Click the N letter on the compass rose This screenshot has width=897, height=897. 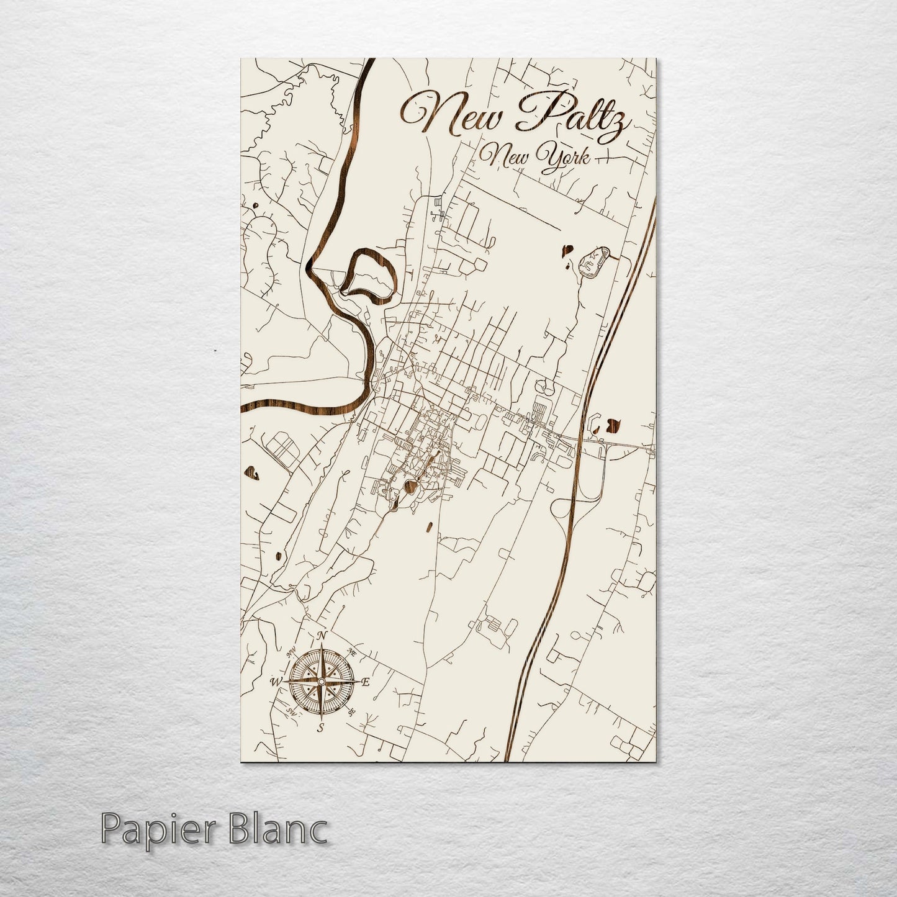click(321, 636)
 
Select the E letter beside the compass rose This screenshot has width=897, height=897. click(366, 682)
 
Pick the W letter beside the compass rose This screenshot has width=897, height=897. click(274, 682)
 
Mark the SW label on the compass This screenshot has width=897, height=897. click(291, 711)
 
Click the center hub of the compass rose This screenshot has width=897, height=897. click(320, 682)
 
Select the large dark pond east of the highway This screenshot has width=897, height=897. click(613, 424)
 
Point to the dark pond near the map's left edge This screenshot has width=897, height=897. click(253, 473)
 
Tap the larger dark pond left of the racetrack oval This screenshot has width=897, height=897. click(567, 251)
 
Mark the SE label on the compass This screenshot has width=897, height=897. click(351, 711)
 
